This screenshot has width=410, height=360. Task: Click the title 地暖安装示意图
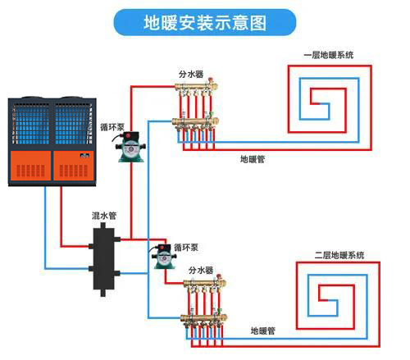click(x=205, y=22)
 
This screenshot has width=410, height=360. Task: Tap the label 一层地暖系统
click(x=329, y=55)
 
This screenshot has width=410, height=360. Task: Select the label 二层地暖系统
click(x=339, y=255)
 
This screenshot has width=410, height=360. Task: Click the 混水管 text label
click(x=104, y=216)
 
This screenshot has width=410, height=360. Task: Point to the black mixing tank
click(x=103, y=259)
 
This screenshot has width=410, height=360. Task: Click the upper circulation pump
click(x=130, y=147)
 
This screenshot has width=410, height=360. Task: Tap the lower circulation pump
click(x=163, y=257)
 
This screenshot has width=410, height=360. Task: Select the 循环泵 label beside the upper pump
click(x=112, y=127)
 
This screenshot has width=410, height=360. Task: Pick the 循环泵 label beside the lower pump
click(x=186, y=248)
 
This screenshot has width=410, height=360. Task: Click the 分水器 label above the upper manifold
click(x=191, y=74)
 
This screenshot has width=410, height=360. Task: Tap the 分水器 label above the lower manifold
click(x=201, y=271)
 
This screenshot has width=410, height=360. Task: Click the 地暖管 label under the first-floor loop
click(x=253, y=159)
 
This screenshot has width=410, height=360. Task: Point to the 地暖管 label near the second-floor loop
click(x=262, y=331)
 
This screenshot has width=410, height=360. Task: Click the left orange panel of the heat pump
click(x=30, y=166)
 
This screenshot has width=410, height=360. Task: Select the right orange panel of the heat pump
click(x=74, y=166)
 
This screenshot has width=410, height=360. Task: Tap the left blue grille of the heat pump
click(x=31, y=125)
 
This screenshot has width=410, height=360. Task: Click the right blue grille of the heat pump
click(x=73, y=125)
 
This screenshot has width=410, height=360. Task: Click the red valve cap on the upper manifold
click(x=211, y=80)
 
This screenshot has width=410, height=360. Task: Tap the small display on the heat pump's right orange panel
click(x=84, y=156)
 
